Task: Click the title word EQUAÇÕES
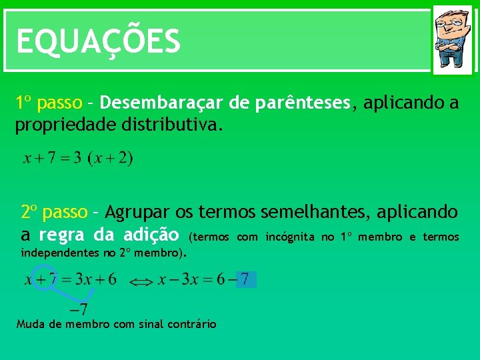(98, 41)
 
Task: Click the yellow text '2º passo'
(54, 212)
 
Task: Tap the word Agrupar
(137, 212)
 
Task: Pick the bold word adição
(151, 235)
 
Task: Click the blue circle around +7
(45, 278)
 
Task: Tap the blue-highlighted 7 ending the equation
(245, 279)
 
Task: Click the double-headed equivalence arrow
(140, 283)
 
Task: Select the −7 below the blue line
(79, 309)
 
